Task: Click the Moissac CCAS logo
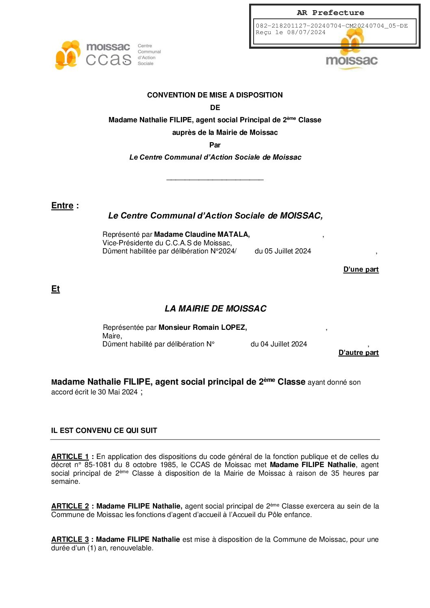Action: point(107,55)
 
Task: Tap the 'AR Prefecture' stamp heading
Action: point(330,13)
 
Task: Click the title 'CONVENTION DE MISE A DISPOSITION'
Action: point(215,95)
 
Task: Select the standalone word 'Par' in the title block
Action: point(215,145)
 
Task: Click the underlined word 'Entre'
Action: point(62,206)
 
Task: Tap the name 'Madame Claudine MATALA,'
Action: point(202,234)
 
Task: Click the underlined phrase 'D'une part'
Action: point(361,269)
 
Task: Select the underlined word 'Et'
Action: point(56,289)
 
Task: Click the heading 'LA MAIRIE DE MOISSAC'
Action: point(215,309)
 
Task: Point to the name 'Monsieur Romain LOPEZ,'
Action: point(202,327)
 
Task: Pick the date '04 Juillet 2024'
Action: point(283,344)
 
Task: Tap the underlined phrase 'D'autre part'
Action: point(358,353)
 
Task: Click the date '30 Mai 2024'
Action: point(117,392)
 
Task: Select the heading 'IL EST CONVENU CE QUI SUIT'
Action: point(104,431)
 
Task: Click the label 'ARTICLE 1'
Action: point(70,457)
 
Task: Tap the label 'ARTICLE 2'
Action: point(70,506)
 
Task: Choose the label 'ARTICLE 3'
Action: point(70,539)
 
